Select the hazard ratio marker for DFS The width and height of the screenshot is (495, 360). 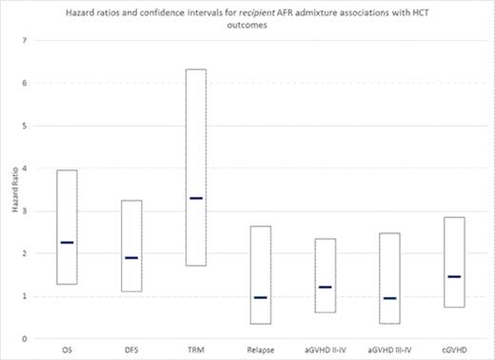point(130,258)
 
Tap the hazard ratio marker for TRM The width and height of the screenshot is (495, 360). point(195,198)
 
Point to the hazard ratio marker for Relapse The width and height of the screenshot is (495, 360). point(260,298)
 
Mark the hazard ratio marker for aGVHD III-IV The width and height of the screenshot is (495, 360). point(388,298)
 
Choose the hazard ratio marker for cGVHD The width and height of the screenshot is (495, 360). point(453,277)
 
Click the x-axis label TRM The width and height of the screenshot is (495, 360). point(195,349)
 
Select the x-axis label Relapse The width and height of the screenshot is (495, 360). point(260,349)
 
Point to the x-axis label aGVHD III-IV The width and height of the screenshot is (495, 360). point(388,349)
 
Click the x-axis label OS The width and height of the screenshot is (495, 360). point(67,349)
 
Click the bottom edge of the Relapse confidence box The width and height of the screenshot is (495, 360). point(260,324)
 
